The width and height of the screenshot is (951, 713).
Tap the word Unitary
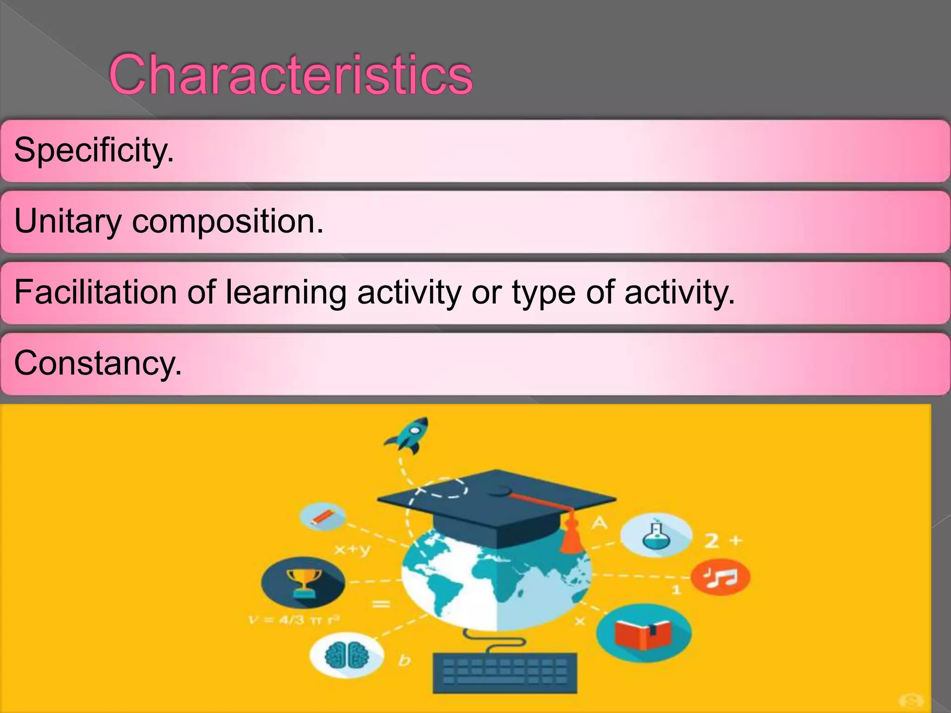68,221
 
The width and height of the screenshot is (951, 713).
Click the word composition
228,222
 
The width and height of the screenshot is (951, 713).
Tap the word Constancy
98,363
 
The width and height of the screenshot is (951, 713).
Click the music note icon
720,577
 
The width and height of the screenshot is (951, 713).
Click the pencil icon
323,517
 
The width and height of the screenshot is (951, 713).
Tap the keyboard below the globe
505,673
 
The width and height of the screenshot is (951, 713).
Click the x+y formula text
353,550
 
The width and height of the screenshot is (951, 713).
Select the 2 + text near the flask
723,541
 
